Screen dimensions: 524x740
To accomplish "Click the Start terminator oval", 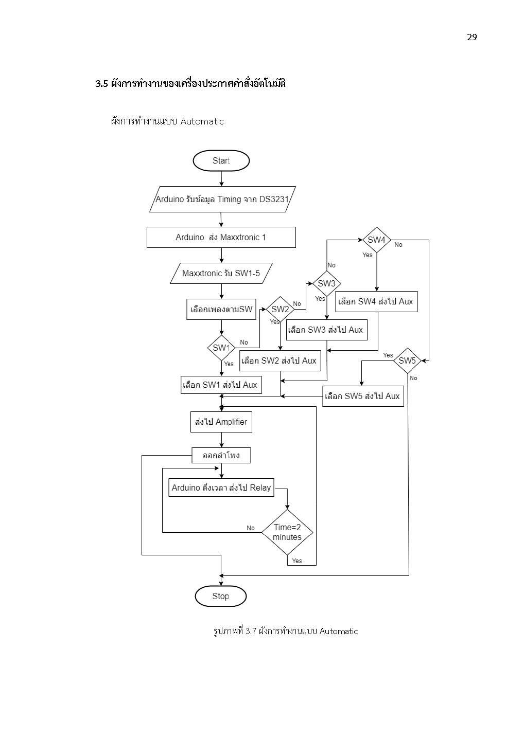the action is [x=221, y=160].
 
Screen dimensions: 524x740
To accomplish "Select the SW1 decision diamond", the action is [x=221, y=348].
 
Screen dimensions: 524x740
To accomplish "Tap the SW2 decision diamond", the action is [x=280, y=309].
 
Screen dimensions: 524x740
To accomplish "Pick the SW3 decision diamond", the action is [x=327, y=283].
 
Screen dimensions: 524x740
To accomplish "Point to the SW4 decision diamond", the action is [x=377, y=240].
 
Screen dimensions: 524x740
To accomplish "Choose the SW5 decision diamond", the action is [x=407, y=361].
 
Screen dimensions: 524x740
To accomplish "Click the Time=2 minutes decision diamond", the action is [x=287, y=532].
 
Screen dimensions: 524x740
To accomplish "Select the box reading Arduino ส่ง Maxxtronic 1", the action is [x=221, y=237].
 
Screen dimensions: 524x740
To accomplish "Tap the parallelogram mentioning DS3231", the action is [x=222, y=199].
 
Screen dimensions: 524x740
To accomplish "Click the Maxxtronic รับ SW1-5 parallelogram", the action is [x=221, y=273].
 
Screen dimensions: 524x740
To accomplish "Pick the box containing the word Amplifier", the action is [x=221, y=422].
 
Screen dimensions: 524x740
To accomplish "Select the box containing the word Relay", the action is [x=221, y=488].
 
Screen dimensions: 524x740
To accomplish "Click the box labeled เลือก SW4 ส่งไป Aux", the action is [x=376, y=302].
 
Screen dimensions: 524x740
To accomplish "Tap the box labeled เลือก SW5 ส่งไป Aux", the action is [x=363, y=396].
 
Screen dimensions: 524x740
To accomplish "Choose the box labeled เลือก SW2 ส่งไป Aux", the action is [x=280, y=361].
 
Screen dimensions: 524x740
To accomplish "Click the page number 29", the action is [x=472, y=38].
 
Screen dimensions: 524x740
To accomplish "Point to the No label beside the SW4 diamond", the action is [x=398, y=245].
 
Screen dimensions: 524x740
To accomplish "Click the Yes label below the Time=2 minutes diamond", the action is [x=297, y=561].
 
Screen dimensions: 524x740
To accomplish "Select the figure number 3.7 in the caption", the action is [x=251, y=631].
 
